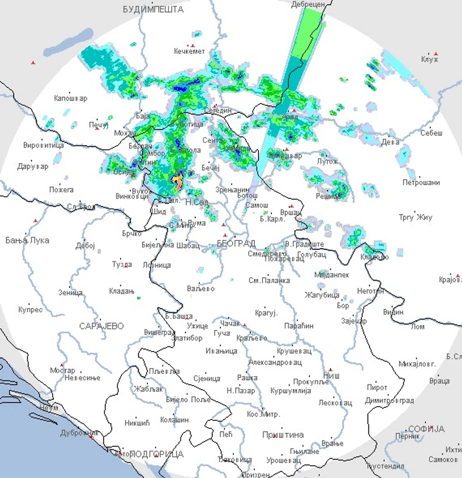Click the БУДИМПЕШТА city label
(153, 9)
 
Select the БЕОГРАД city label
(236, 242)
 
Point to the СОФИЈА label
(427, 429)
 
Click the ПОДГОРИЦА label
(156, 454)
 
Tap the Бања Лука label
(27, 240)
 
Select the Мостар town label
(63, 370)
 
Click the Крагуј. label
(266, 313)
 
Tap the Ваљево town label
(201, 289)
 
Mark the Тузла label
(122, 264)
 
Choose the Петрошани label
(421, 183)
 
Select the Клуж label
(430, 59)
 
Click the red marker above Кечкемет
(192, 46)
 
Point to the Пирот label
(377, 387)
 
